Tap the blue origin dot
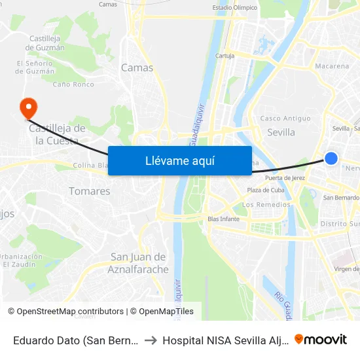pyautogui.click(x=331, y=158)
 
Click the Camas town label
pyautogui.click(x=137, y=67)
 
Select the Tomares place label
pyautogui.click(x=90, y=191)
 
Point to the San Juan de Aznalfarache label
pyautogui.click(x=138, y=263)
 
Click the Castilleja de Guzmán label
pyautogui.click(x=46, y=43)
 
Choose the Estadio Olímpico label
pyautogui.click(x=235, y=8)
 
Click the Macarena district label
pyautogui.click(x=332, y=66)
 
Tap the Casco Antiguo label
pyautogui.click(x=285, y=118)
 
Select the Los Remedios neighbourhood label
pyautogui.click(x=266, y=204)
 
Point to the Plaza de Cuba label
pyautogui.click(x=264, y=190)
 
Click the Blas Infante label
pyautogui.click(x=223, y=219)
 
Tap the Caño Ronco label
pyautogui.click(x=73, y=84)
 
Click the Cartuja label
pyautogui.click(x=225, y=56)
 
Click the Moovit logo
pyautogui.click(x=321, y=339)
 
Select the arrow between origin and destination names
pyautogui.click(x=151, y=340)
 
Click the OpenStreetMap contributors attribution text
pyautogui.click(x=65, y=312)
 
